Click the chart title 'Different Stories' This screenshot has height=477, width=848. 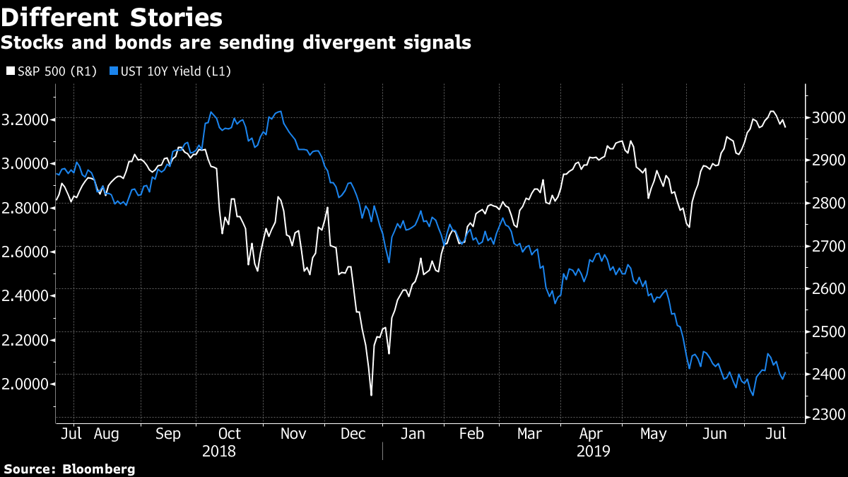112,16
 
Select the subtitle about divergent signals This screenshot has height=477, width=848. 236,42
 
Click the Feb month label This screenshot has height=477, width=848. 472,433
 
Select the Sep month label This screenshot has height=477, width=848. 167,433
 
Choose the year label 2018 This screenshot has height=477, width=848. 219,450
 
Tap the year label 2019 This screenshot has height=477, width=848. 593,450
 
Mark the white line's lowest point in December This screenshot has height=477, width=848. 371,395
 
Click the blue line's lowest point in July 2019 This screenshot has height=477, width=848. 753,395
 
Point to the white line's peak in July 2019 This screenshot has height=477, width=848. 772,112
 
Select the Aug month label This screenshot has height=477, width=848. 107,433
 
